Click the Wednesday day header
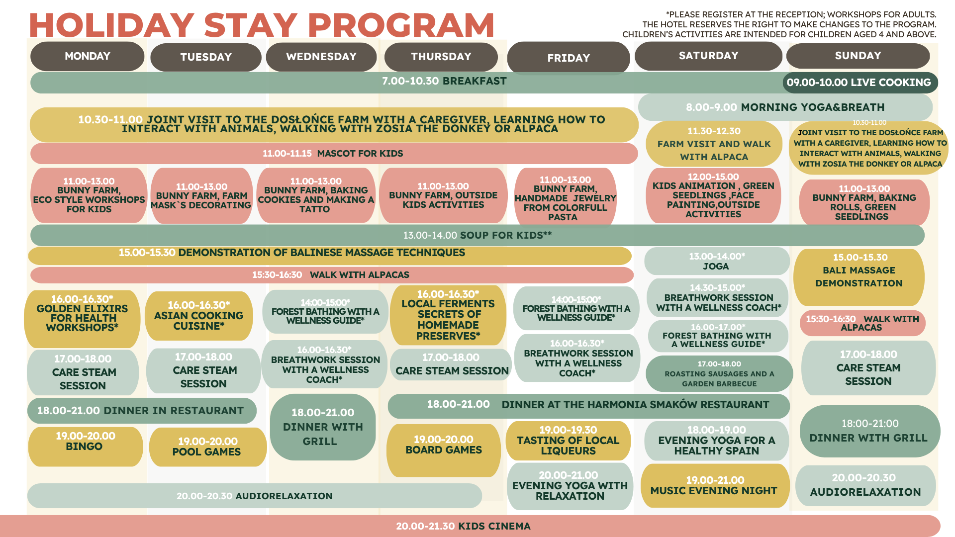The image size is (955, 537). click(321, 57)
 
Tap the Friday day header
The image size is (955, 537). click(569, 58)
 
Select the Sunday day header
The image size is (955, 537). click(858, 56)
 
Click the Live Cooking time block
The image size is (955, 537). click(860, 83)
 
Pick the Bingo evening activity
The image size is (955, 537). click(86, 447)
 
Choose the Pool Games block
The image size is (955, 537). click(207, 447)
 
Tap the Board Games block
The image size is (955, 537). click(444, 450)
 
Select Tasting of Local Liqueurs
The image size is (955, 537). click(569, 441)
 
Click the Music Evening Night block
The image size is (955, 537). click(715, 486)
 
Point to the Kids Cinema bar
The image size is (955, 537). click(470, 526)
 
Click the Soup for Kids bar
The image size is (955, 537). click(477, 235)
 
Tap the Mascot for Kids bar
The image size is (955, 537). click(334, 154)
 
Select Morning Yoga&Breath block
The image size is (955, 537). click(785, 107)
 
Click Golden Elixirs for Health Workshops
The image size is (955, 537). click(82, 319)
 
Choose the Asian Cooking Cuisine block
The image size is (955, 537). click(199, 316)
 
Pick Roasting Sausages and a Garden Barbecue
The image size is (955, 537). click(719, 373)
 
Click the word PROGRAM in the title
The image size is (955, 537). click(401, 25)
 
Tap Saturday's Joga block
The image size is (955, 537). click(717, 261)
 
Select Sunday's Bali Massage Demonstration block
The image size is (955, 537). click(859, 277)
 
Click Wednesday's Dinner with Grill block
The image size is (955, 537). click(323, 427)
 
